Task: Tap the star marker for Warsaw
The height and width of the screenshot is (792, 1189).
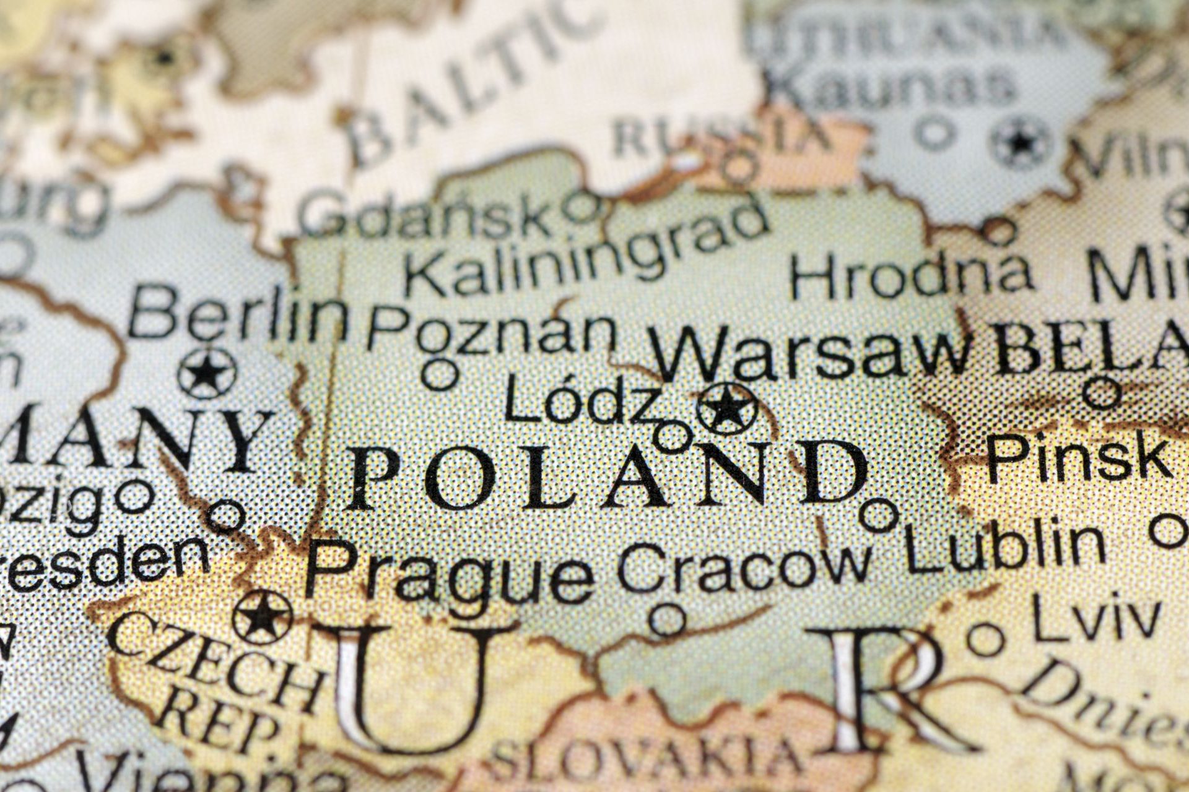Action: [x=726, y=408]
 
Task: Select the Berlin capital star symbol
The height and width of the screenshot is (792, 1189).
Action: [x=207, y=372]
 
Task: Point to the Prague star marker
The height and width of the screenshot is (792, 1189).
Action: [x=263, y=617]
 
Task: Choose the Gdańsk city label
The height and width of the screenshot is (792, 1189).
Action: [x=427, y=213]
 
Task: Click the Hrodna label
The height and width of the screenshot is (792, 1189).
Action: [x=910, y=275]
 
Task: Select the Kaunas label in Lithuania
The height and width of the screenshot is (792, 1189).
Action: [x=892, y=87]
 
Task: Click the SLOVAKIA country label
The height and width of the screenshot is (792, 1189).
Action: [x=644, y=758]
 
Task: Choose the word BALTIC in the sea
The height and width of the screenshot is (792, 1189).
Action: [x=471, y=80]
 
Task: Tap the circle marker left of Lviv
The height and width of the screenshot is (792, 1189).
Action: [x=986, y=640]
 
